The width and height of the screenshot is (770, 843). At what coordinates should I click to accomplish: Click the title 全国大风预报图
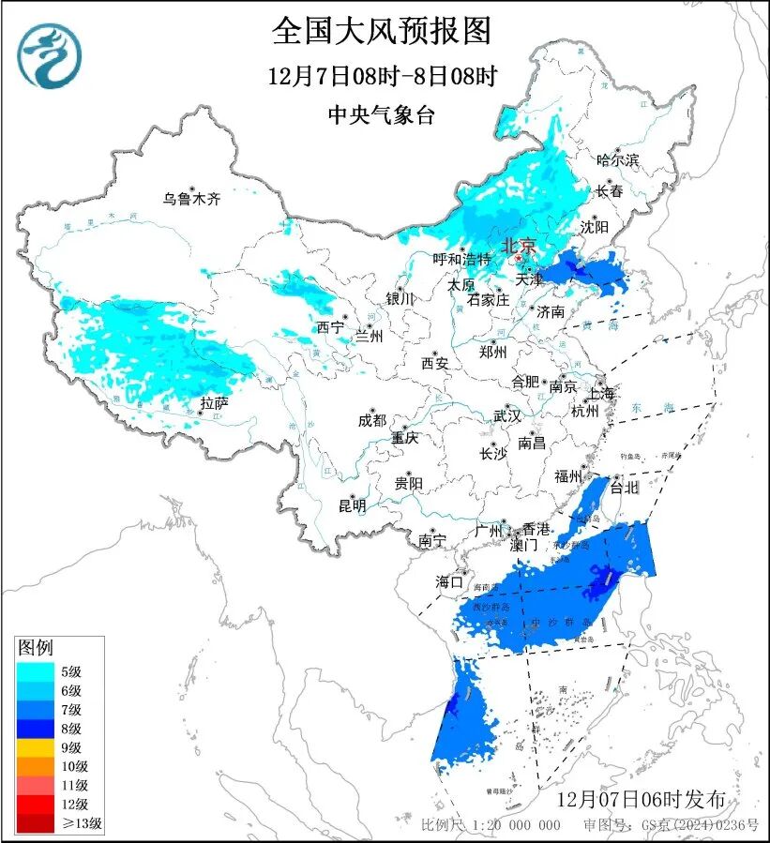tap(382, 31)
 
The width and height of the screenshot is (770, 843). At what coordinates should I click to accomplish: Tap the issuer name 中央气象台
tap(382, 115)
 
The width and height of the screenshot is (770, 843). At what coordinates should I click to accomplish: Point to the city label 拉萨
tap(214, 403)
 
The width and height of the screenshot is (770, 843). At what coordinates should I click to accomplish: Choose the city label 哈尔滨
tap(617, 160)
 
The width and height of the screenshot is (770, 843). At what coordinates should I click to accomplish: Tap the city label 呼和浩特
tap(461, 259)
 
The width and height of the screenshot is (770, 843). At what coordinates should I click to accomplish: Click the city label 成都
tap(371, 421)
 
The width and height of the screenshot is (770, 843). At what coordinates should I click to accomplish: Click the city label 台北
tap(624, 487)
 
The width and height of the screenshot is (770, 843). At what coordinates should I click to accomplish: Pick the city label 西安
tap(435, 362)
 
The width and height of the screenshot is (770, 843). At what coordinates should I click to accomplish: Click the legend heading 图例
tap(37, 647)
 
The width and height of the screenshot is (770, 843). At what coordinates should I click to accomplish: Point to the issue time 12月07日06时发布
tap(641, 800)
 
